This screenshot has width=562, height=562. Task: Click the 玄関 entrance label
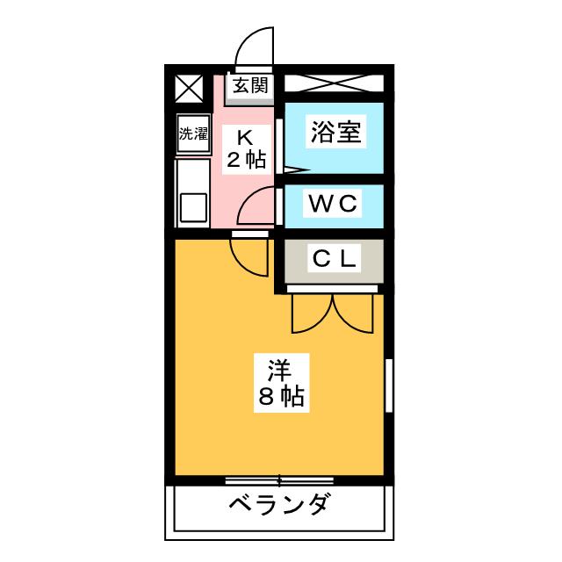coord(250,86)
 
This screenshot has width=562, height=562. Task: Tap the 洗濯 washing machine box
coord(192,134)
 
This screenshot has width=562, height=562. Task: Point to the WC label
coord(333,204)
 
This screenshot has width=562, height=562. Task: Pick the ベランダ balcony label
coord(280,507)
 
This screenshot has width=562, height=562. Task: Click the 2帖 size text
coord(246,160)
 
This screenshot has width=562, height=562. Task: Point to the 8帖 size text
coord(281,397)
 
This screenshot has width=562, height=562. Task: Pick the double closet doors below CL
coord(334,312)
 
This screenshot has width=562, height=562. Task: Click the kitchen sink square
coord(192,208)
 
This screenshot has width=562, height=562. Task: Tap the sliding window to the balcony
coord(279,479)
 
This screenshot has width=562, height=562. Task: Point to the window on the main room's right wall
coord(387,386)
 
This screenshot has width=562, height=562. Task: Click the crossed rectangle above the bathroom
coord(333,86)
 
